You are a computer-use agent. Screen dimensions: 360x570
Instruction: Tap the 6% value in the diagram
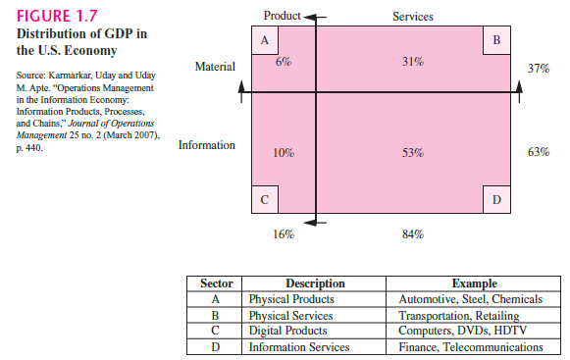[x=283, y=61]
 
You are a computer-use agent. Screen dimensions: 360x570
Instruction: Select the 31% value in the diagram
[x=413, y=62]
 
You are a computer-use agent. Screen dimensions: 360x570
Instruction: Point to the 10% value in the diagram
[x=283, y=152]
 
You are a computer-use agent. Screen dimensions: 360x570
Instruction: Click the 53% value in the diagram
[x=413, y=152]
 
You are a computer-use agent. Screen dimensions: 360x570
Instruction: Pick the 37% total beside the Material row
[x=538, y=69]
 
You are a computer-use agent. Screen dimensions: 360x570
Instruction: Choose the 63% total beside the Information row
[x=538, y=152]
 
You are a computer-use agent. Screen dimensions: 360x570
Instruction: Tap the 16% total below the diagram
[x=283, y=234]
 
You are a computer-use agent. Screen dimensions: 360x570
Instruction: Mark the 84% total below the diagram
[x=413, y=234]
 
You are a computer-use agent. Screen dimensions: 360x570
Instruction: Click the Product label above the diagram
[x=283, y=17]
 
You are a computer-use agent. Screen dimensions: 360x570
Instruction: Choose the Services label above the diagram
[x=413, y=17]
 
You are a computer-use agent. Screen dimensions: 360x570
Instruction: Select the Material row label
[x=215, y=69]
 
